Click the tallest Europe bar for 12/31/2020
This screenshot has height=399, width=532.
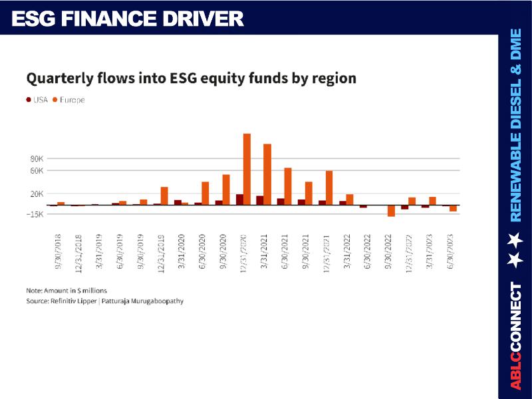247,169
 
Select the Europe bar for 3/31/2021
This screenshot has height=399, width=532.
267,174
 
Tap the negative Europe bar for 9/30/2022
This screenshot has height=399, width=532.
391,210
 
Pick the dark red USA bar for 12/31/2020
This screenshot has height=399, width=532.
239,199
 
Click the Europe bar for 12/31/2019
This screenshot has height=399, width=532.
164,196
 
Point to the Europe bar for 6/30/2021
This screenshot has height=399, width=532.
288,186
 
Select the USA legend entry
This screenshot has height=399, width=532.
37,100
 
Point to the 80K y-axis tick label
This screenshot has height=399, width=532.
36,159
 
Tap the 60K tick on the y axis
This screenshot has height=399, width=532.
36,171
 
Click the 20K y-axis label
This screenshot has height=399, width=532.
36,194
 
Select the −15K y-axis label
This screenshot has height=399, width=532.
35,214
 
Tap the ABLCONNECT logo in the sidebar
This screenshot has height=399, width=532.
515,336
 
